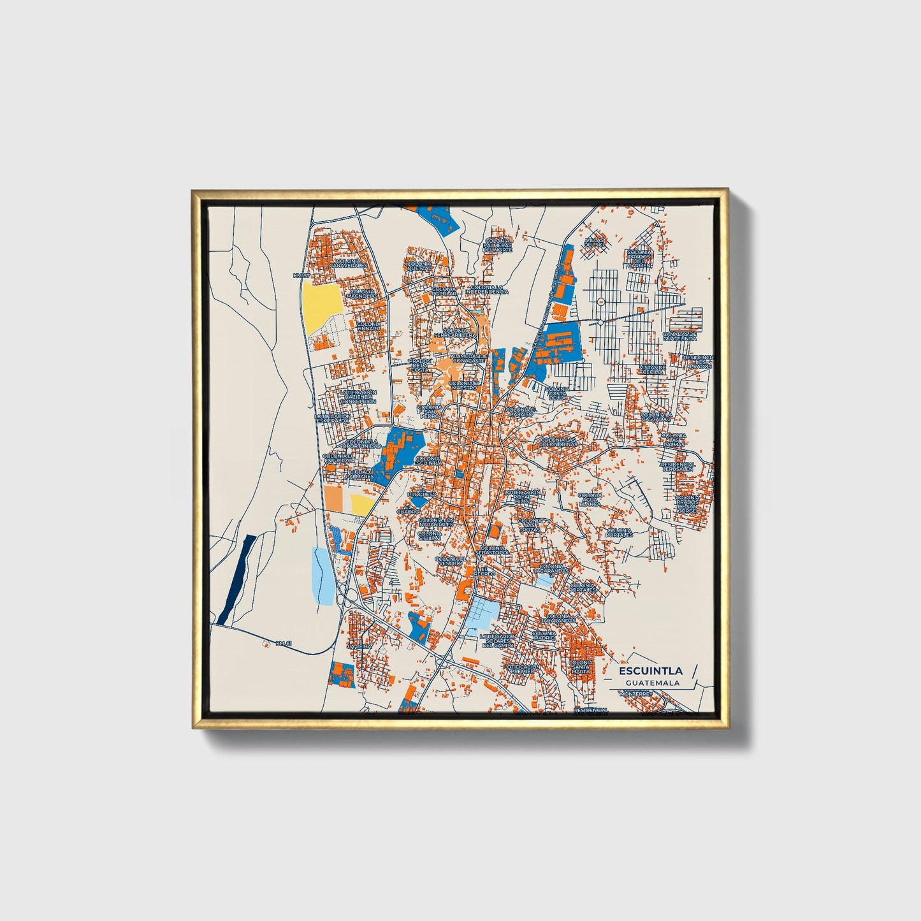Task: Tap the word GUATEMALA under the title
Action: tap(652, 683)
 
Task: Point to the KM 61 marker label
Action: tap(284, 643)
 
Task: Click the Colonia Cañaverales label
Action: tap(349, 264)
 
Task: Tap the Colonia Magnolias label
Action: tap(361, 294)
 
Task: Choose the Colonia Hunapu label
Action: tap(369, 326)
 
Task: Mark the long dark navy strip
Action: tap(236, 579)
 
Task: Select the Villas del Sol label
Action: tap(593, 243)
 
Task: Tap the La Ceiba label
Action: tap(359, 646)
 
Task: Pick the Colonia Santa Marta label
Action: tap(581, 667)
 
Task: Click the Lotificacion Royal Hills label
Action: tap(522, 497)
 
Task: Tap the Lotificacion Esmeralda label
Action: tap(332, 419)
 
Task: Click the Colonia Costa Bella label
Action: tap(556, 393)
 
